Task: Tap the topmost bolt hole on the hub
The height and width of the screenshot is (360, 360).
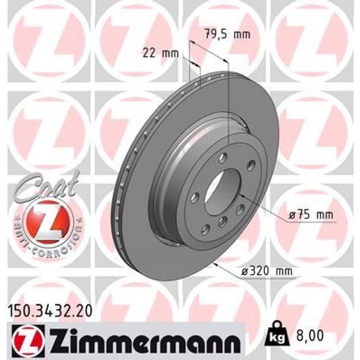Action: coord(222,157)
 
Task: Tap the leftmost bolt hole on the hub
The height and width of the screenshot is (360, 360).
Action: coord(195,197)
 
